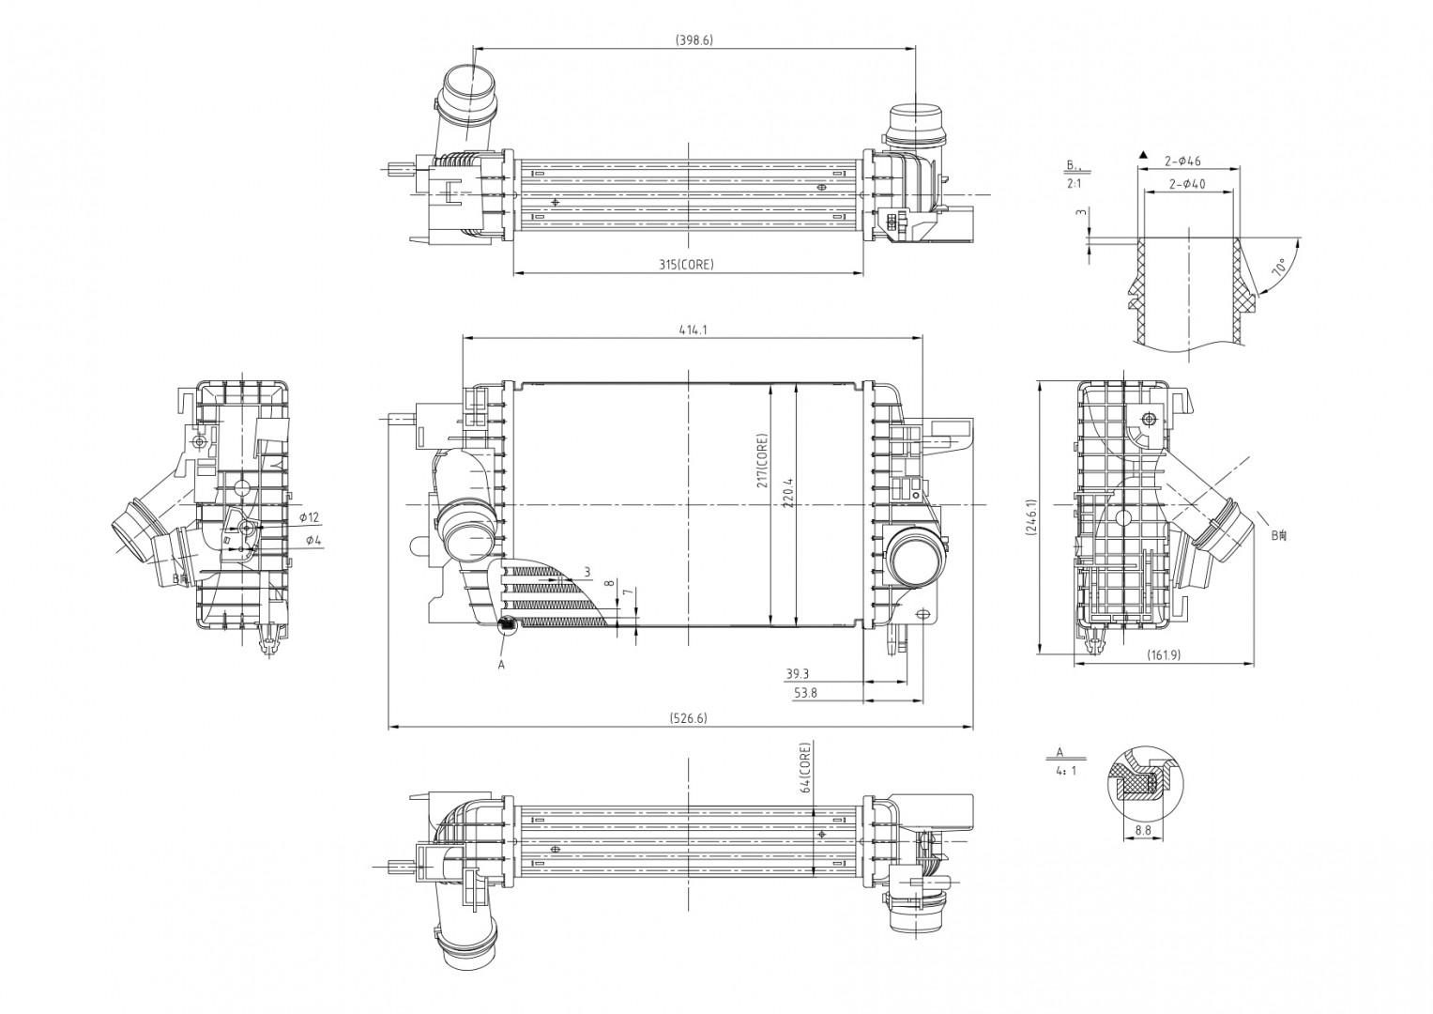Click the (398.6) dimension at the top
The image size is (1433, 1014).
(694, 40)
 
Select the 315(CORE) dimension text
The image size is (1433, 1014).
(687, 265)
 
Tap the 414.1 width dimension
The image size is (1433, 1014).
(693, 330)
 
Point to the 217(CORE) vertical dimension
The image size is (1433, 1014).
(762, 460)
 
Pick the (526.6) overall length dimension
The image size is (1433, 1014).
(688, 718)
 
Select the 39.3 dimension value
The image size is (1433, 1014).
(798, 674)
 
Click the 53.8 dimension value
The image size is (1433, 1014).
(805, 693)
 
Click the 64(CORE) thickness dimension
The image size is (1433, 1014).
(804, 770)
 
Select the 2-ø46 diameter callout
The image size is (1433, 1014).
(1183, 161)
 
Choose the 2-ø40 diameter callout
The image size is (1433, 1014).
(1187, 184)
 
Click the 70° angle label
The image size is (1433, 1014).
(1277, 269)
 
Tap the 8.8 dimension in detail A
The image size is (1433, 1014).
(1142, 830)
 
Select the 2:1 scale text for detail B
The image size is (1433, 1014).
(1074, 184)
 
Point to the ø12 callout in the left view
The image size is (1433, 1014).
(310, 517)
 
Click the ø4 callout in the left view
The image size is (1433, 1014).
(313, 541)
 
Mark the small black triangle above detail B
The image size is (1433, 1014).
(1142, 153)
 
